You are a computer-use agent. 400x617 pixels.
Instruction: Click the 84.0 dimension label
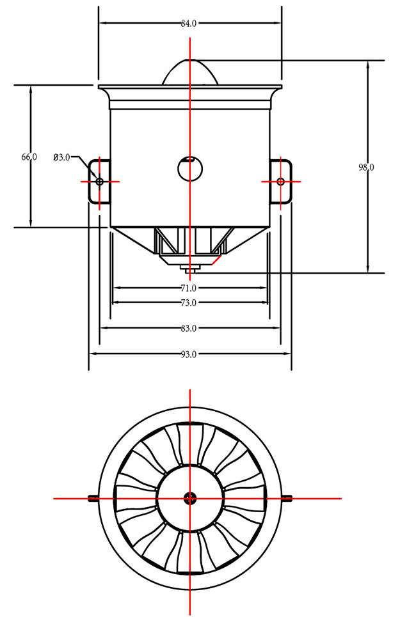(x=189, y=24)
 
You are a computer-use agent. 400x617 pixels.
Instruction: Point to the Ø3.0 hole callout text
(x=62, y=157)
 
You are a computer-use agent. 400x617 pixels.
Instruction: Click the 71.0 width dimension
(x=189, y=288)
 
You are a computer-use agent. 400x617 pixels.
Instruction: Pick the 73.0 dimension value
(x=189, y=302)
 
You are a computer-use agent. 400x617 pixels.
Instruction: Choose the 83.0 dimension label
(x=189, y=329)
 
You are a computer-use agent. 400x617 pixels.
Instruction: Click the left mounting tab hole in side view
(x=99, y=182)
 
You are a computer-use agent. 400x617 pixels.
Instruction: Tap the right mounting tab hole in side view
(x=281, y=182)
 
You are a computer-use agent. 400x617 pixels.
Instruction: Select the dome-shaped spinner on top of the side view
(x=190, y=72)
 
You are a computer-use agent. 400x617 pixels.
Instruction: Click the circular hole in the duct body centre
(x=190, y=169)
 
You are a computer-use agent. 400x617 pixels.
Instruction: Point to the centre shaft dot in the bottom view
(x=190, y=497)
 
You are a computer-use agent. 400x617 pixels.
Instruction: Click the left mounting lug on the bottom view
(x=93, y=497)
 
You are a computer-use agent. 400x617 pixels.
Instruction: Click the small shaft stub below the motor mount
(x=189, y=268)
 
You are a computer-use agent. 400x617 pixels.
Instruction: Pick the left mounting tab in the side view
(x=98, y=182)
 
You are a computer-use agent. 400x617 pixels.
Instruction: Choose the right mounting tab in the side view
(x=282, y=182)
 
